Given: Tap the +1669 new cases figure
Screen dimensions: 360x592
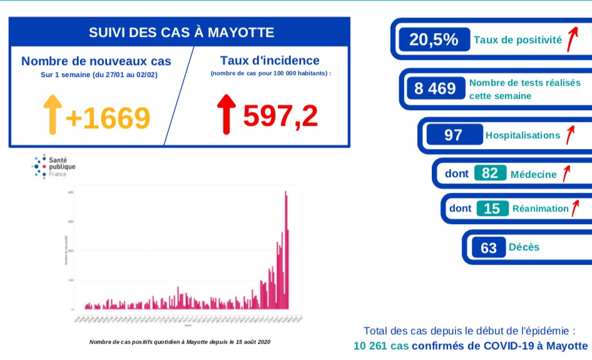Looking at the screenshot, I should [108, 118].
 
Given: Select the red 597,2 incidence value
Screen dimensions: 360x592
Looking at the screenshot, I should [280, 115].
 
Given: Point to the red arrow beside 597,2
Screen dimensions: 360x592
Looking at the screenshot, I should [226, 113].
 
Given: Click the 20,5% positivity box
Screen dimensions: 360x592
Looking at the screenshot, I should [434, 40].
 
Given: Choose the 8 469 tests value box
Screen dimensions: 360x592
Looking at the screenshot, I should [435, 88].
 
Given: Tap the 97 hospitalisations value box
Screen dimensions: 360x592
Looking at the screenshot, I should [453, 135].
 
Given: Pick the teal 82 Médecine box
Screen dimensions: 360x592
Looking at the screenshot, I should [490, 173].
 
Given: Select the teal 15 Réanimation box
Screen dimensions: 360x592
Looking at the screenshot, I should [492, 208].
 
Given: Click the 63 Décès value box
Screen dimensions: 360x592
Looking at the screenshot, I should [489, 247].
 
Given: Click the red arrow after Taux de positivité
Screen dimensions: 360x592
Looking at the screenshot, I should [571, 39].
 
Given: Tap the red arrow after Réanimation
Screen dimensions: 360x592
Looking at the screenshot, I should [575, 207].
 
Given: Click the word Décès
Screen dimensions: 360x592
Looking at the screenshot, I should [524, 247].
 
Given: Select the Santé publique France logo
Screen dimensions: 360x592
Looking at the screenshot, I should [53, 167].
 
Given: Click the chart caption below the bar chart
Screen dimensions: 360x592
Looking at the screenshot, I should [181, 342].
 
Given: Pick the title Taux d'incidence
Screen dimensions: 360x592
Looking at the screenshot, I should [270, 61].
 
